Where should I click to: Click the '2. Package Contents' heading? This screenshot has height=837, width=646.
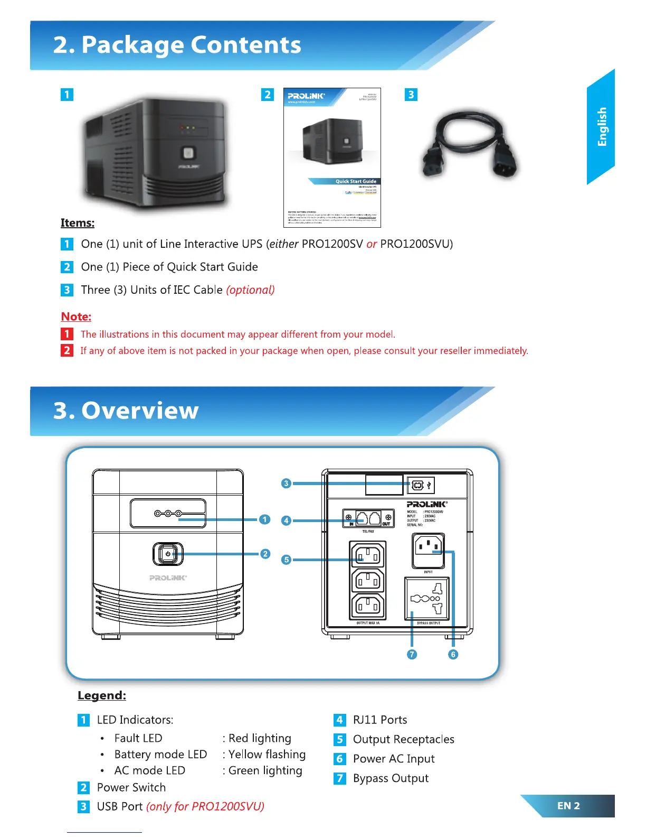click(x=177, y=45)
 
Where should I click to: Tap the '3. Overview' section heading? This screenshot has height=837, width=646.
click(x=126, y=411)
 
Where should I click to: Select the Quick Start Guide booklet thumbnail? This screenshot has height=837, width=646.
click(x=332, y=157)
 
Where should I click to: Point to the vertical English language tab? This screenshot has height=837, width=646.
click(x=601, y=127)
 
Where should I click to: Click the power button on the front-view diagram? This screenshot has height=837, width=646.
click(x=168, y=554)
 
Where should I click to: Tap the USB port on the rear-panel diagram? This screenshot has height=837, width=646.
click(x=418, y=485)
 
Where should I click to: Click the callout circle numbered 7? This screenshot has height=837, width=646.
click(x=412, y=654)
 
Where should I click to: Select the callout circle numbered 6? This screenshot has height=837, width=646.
click(x=453, y=654)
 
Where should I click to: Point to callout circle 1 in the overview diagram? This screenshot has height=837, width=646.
click(x=265, y=519)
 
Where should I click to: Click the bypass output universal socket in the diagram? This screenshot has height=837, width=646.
click(x=427, y=598)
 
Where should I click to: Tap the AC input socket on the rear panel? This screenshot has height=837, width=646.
click(x=428, y=550)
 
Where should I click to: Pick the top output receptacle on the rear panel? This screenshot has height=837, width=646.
click(x=367, y=555)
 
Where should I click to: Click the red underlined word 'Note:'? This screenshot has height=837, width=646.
click(x=76, y=317)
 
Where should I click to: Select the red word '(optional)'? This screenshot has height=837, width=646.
click(x=250, y=290)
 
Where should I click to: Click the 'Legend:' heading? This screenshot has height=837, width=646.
click(x=102, y=695)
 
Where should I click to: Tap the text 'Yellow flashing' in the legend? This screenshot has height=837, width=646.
click(x=267, y=755)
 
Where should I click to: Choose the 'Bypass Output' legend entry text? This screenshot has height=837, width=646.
click(x=391, y=778)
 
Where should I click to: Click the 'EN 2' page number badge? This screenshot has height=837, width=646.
click(x=568, y=806)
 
